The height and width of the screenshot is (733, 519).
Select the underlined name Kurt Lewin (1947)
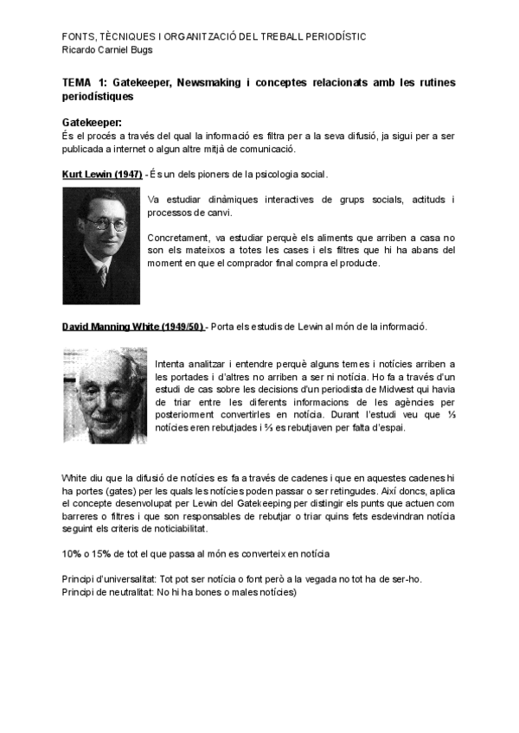(x=102, y=175)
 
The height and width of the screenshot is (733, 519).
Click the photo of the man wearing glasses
(x=100, y=245)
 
